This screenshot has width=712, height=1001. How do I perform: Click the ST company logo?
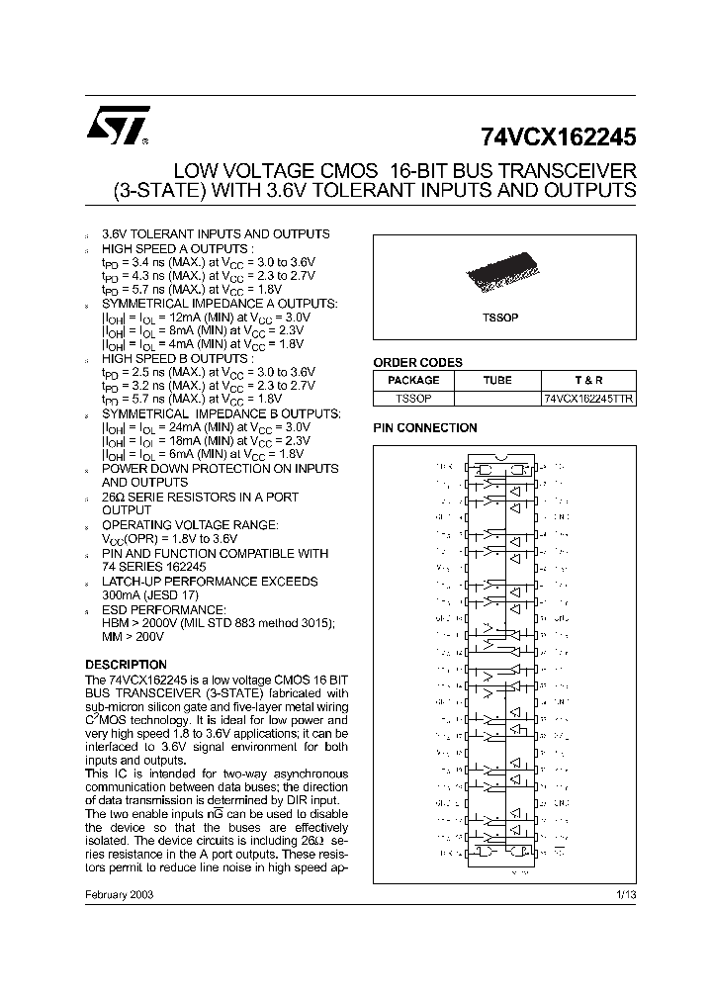(x=118, y=126)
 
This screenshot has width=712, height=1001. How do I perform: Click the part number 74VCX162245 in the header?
(x=559, y=136)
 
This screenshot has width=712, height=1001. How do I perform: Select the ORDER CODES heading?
(x=417, y=363)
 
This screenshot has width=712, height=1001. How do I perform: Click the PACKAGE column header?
(x=413, y=380)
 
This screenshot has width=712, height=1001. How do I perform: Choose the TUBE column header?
(x=497, y=380)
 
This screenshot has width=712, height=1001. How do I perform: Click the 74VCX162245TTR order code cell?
(x=588, y=398)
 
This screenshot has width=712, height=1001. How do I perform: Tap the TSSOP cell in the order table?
(x=413, y=398)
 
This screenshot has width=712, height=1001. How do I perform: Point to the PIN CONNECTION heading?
(x=424, y=428)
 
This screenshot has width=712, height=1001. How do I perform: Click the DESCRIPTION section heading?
(x=126, y=665)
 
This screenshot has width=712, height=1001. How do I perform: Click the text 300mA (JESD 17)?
(x=150, y=595)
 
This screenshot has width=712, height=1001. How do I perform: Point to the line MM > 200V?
(x=135, y=637)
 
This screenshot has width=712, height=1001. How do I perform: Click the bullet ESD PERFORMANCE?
(x=164, y=609)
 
